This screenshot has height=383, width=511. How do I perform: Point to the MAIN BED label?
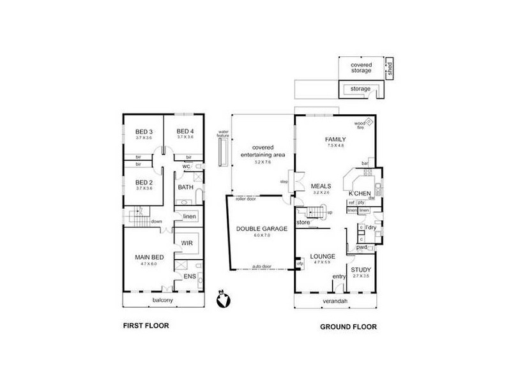[149, 257]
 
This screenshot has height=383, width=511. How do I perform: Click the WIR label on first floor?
[188, 243]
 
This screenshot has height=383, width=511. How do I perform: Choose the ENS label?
[190, 276]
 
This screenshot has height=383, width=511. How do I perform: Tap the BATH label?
[185, 188]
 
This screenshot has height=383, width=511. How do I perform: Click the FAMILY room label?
[335, 139]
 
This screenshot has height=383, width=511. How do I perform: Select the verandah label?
[335, 302]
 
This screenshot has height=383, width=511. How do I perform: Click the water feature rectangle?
[222, 152]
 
